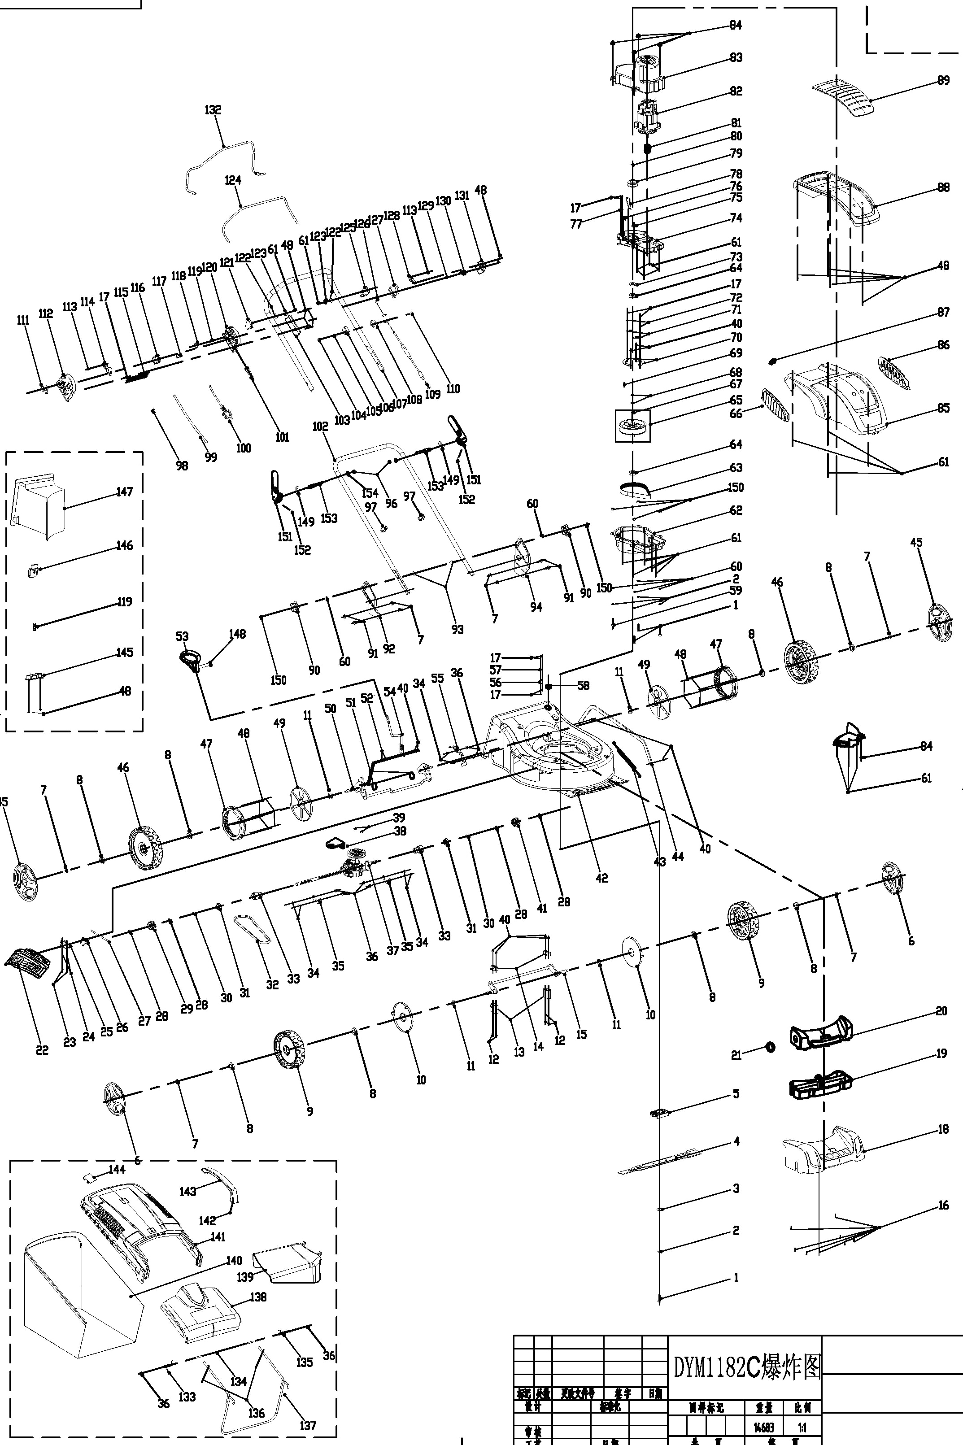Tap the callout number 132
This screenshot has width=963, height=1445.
tap(213, 110)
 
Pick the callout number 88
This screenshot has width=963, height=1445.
tap(943, 187)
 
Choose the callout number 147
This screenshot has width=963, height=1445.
tap(124, 492)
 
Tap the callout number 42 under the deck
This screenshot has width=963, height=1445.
tap(601, 878)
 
